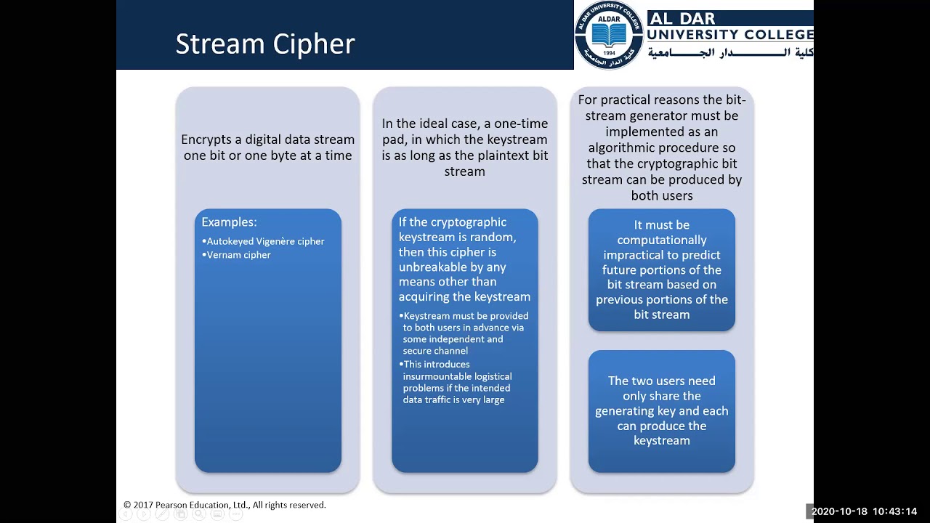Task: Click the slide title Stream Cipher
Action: coord(264,44)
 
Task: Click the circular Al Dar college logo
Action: coord(608,35)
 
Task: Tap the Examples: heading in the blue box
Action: coord(229,222)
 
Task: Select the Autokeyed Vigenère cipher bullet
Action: coord(265,241)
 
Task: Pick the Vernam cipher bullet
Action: coord(238,255)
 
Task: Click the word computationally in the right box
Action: coord(661,240)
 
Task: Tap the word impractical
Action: coord(631,255)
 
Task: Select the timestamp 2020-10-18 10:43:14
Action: coord(864,511)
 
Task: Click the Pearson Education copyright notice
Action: coord(225,505)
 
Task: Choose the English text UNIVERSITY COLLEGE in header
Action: coord(729,34)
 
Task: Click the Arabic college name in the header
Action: coord(729,52)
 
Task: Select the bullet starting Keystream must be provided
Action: coord(465,333)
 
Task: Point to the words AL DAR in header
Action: coord(682,18)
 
